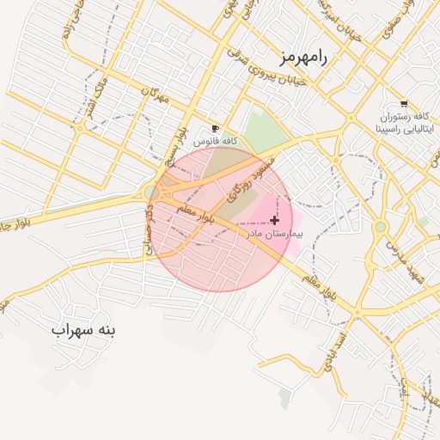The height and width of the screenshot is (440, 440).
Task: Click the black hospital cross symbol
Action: click(274, 221)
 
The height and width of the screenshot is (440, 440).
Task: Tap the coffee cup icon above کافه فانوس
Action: click(215, 127)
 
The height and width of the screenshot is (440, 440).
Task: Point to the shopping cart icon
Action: click(404, 103)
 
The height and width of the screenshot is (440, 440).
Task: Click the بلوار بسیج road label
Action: click(174, 148)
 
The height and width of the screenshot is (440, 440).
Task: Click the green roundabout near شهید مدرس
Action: click(381, 226)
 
